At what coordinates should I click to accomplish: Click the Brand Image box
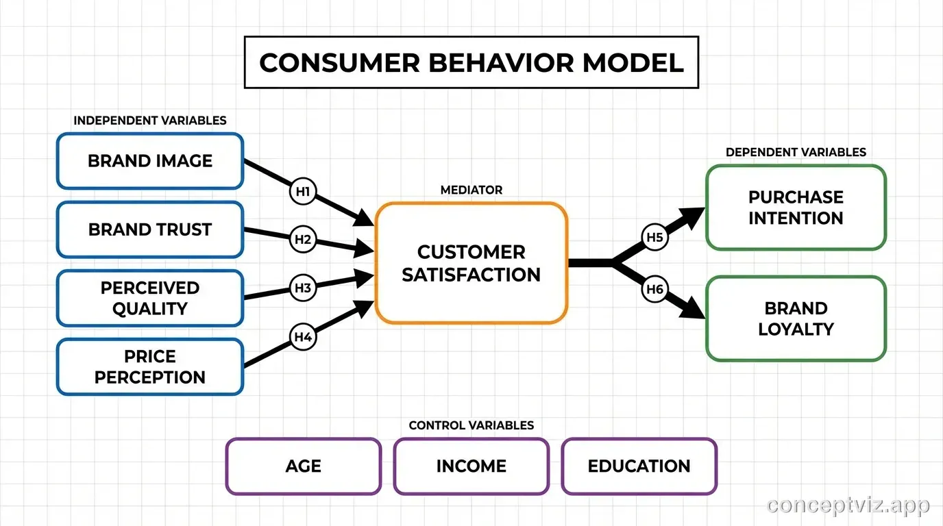pos(149,161)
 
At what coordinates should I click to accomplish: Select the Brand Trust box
pos(149,229)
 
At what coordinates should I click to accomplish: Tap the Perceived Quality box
pos(149,298)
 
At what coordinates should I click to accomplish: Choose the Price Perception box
pos(149,366)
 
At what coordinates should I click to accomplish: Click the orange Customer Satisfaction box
pos(471,263)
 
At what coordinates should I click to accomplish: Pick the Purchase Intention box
pos(796,208)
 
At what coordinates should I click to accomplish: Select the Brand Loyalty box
pos(796,318)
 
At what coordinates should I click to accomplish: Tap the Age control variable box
pos(303,466)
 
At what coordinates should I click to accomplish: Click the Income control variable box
pos(471,466)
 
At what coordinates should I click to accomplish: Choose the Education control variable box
pos(639,466)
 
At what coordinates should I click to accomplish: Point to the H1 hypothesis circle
pos(303,192)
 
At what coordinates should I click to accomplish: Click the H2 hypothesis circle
pos(303,240)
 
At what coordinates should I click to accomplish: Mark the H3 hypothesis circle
pos(303,288)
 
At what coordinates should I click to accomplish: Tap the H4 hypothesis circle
pos(303,336)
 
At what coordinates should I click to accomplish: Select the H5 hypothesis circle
pos(655,238)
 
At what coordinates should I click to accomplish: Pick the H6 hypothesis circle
pos(655,290)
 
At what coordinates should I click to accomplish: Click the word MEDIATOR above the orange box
pos(471,190)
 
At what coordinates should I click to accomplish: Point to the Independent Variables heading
pos(149,121)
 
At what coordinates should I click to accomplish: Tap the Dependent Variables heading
pos(796,152)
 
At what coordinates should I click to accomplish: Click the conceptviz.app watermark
pos(848,505)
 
